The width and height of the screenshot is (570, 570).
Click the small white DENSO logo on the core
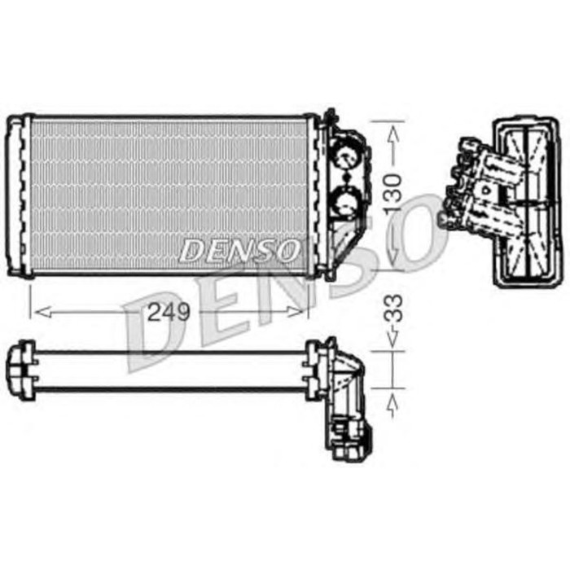[x=239, y=251]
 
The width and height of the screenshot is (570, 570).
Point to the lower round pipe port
[x=345, y=198]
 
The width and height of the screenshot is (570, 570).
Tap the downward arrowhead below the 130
[x=393, y=259]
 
